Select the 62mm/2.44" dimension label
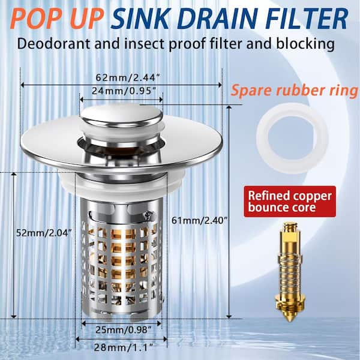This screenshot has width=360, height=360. [121, 77]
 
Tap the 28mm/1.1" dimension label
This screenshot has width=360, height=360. [119, 347]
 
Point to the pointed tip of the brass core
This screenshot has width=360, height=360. [290, 317]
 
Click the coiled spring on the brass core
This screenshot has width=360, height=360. [290, 265]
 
